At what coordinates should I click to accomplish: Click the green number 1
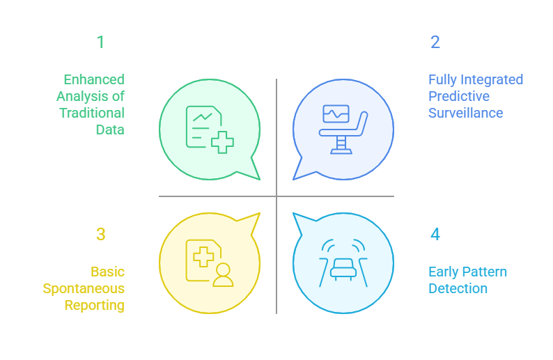tap(100, 42)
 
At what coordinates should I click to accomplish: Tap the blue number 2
tap(435, 42)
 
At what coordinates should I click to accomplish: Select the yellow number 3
tap(100, 235)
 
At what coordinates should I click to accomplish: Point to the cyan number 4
tap(435, 235)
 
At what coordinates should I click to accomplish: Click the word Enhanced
tap(94, 79)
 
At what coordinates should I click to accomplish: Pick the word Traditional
tap(92, 113)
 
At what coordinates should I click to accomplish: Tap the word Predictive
tap(459, 96)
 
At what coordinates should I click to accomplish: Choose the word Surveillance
tap(465, 113)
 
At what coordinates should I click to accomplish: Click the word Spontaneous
tap(84, 288)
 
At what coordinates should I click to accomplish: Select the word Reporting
tap(95, 305)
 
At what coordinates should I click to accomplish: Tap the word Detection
tap(458, 288)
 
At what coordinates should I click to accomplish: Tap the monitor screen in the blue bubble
tap(336, 114)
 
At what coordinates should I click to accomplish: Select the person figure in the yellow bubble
tap(223, 275)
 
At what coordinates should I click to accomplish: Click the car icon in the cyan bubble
tap(343, 267)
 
